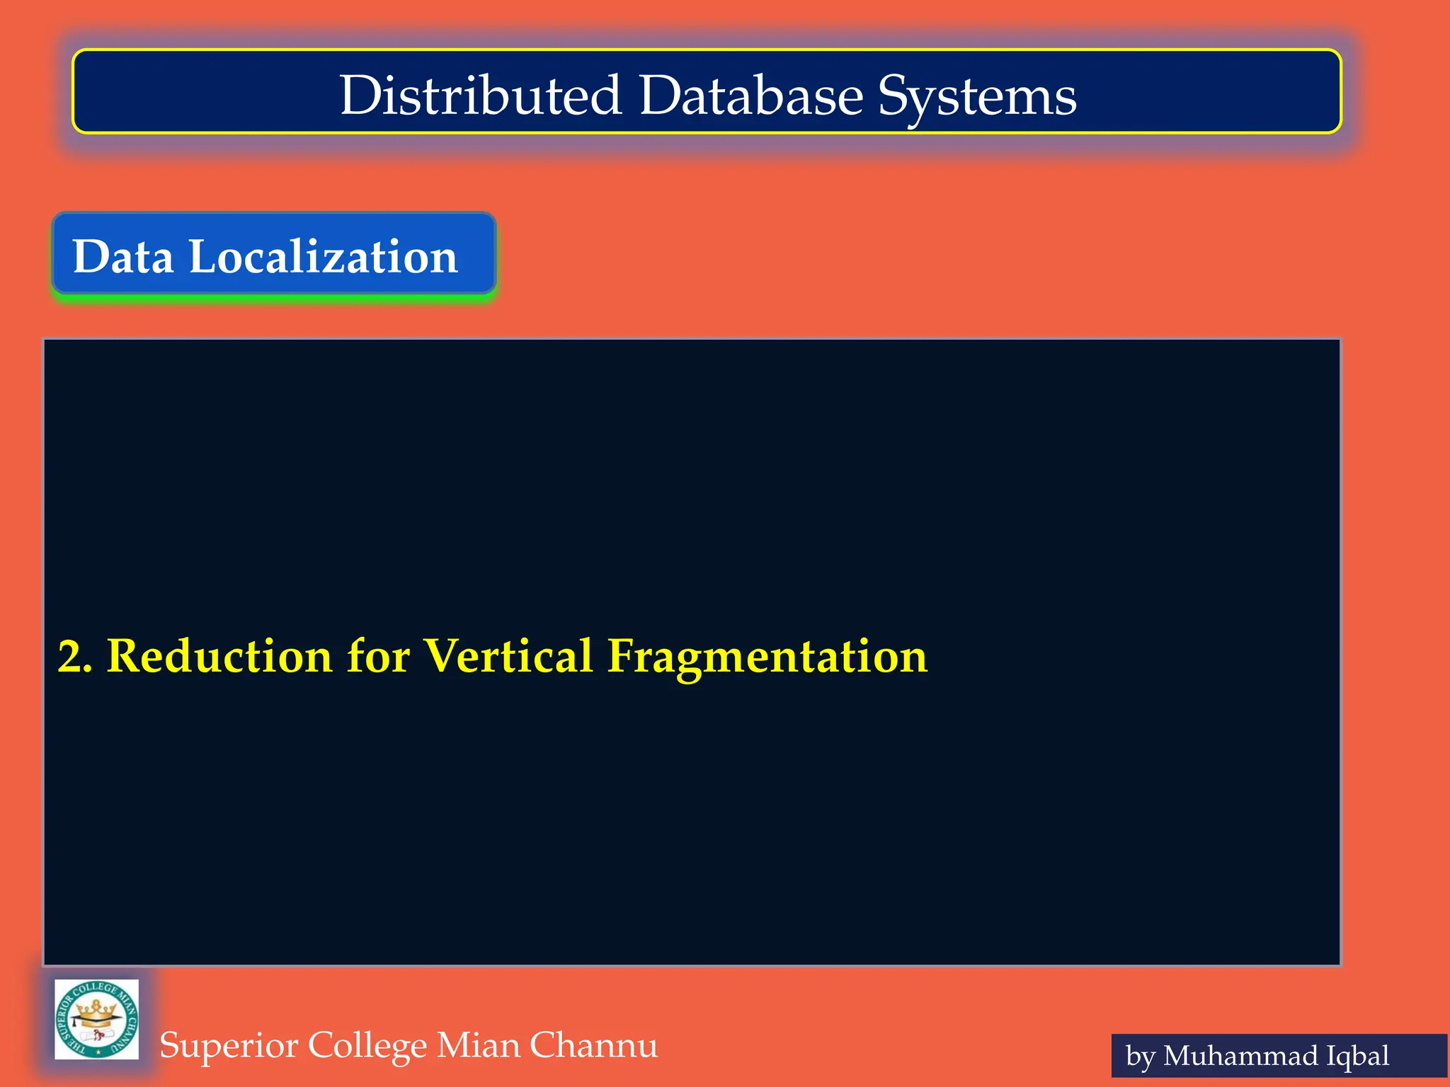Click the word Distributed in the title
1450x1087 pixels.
pos(480,96)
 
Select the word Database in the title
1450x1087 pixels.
pos(750,96)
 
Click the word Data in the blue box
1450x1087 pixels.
pos(123,256)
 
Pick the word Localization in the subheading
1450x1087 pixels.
pos(323,256)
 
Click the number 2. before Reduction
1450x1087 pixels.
pos(75,656)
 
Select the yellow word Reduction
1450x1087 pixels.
pos(219,656)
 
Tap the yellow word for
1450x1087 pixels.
pos(378,656)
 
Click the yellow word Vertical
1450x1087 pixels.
pos(508,656)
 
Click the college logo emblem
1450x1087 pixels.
pos(97,1019)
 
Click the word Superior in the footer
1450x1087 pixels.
pos(228,1046)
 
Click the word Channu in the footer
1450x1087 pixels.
pos(593,1045)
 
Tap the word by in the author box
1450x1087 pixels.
pos(1140,1057)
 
